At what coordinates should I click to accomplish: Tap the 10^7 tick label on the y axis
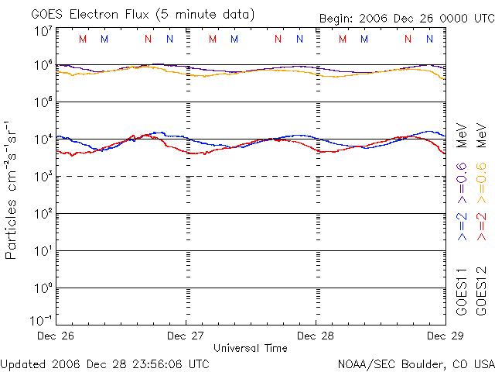(x=43, y=31)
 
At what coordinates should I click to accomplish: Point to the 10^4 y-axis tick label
(x=43, y=139)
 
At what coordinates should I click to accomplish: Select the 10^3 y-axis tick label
(x=43, y=176)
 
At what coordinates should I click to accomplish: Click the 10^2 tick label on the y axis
(x=43, y=213)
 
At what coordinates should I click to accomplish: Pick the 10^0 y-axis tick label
(x=43, y=288)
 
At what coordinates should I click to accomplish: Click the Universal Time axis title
(x=251, y=348)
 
